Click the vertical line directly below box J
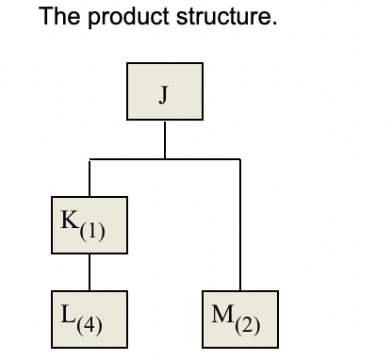(x=165, y=140)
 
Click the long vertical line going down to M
(x=240, y=226)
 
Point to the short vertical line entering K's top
(x=90, y=178)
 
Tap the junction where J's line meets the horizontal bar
(x=165, y=160)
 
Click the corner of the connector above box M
(x=240, y=160)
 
